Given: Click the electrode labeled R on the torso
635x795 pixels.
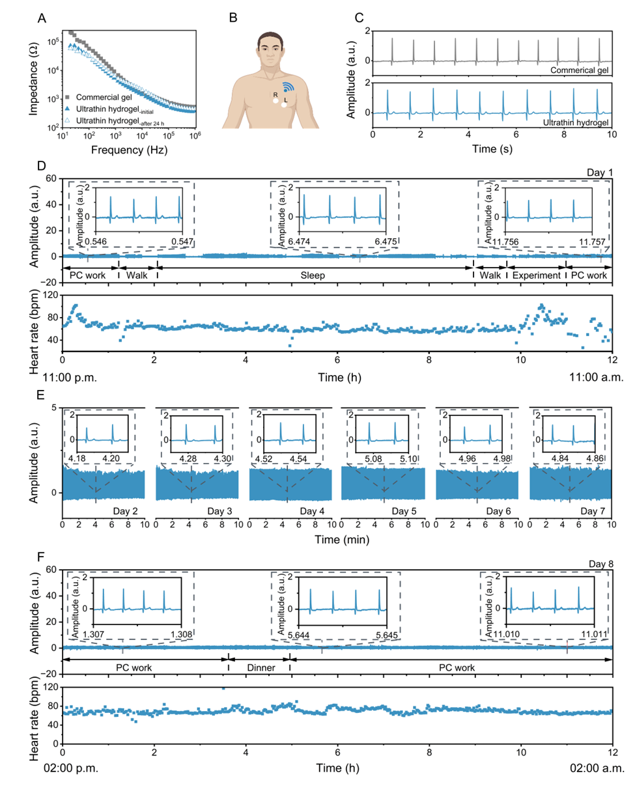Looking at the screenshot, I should pos(275,100).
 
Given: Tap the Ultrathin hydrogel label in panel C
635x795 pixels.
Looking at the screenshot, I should pos(575,122).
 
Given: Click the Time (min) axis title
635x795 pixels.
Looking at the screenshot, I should pos(337,539).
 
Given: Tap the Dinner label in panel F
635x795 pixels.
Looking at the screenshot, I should pos(259,668).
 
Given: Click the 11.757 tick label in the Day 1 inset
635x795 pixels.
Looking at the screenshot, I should pos(592,243).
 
